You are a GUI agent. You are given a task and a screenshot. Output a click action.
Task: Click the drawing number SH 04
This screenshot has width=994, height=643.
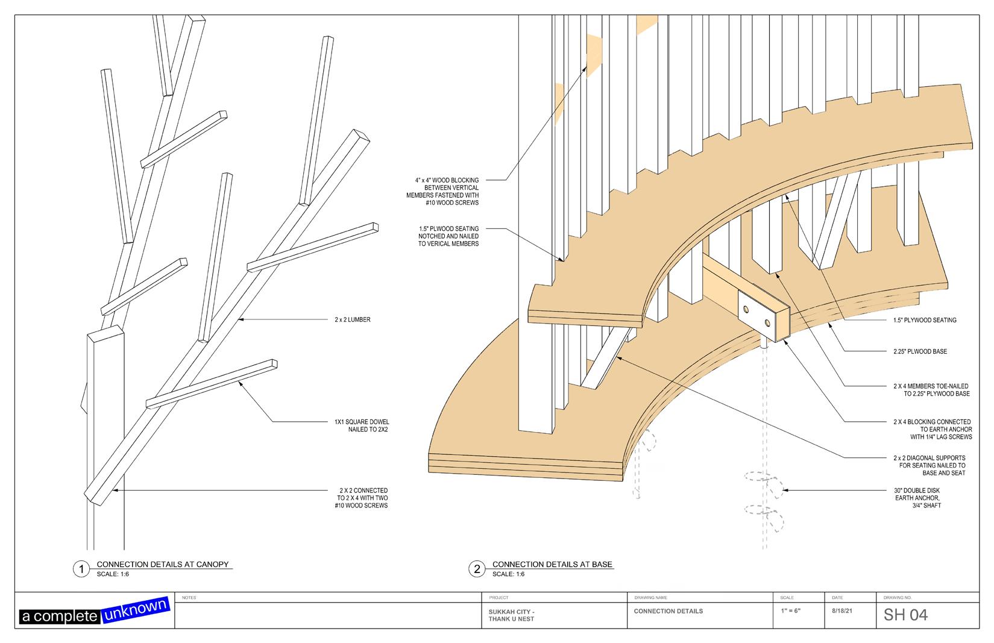[x=905, y=615]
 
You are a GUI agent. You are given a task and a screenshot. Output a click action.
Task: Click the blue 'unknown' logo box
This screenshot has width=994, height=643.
[x=136, y=610]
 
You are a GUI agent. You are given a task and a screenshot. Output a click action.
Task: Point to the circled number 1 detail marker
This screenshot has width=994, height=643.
[x=81, y=569]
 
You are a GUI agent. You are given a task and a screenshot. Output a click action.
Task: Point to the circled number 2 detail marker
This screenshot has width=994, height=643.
[x=477, y=569]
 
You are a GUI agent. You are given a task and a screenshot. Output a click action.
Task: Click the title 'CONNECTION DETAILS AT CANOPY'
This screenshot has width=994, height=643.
[x=163, y=565]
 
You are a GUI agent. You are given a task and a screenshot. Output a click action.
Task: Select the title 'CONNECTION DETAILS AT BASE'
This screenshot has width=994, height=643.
[x=552, y=565]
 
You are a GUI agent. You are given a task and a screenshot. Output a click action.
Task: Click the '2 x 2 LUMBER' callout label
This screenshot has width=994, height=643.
[x=353, y=319]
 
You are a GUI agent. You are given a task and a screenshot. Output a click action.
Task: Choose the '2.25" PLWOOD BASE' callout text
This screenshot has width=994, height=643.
[x=920, y=351]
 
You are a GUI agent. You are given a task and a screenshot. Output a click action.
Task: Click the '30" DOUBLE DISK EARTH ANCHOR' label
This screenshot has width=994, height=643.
[x=917, y=498]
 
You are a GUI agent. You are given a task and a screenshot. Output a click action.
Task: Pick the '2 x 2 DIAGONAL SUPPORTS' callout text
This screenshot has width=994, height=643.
[x=929, y=465]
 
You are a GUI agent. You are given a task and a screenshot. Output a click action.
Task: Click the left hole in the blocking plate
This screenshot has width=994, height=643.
[x=747, y=309]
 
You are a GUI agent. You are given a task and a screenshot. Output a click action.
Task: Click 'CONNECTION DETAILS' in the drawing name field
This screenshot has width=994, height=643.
[x=668, y=611]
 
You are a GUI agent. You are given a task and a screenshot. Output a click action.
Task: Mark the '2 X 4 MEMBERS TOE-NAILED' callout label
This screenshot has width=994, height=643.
[x=931, y=390]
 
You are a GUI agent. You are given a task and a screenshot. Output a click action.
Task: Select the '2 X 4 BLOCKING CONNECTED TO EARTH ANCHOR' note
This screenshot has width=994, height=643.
[x=932, y=429]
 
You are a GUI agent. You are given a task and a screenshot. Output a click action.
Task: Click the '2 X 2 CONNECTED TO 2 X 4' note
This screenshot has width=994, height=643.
[x=362, y=498]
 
